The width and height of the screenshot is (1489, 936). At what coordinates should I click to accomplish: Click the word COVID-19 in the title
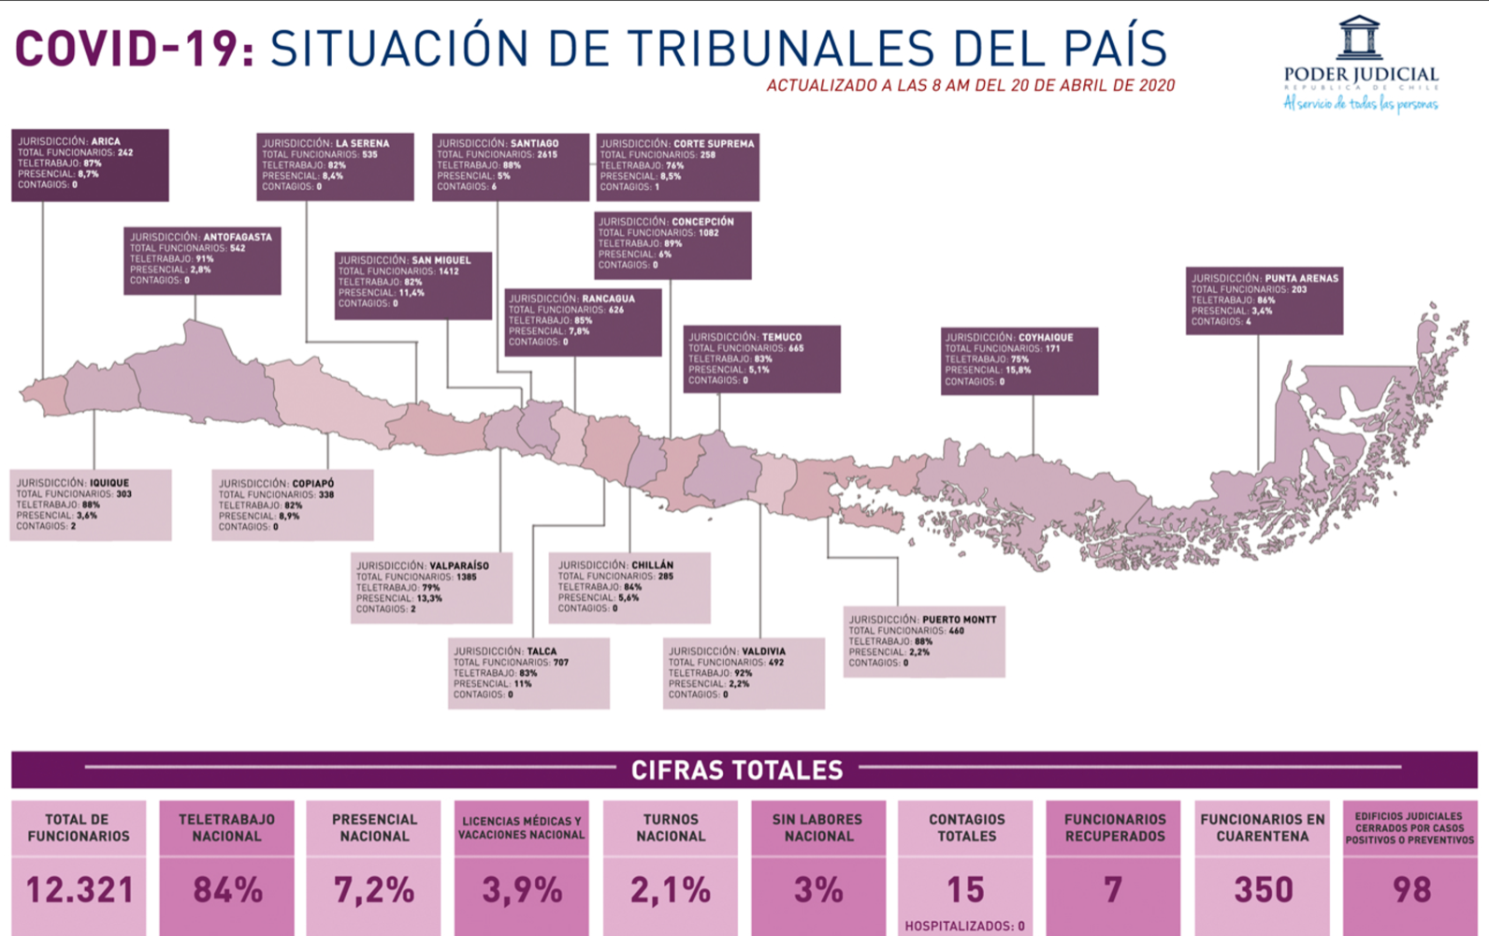pyautogui.click(x=134, y=49)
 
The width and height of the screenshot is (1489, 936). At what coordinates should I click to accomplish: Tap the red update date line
pyautogui.click(x=970, y=85)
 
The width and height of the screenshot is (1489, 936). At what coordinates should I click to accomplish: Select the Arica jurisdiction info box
pyautogui.click(x=90, y=165)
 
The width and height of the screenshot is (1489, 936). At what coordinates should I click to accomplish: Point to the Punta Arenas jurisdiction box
pyautogui.click(x=1264, y=300)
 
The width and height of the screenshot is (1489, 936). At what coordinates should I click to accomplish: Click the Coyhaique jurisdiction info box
pyautogui.click(x=1019, y=360)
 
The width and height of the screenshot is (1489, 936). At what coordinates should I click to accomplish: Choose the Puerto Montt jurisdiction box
pyautogui.click(x=923, y=641)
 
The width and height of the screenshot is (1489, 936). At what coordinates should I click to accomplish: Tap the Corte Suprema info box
pyautogui.click(x=677, y=167)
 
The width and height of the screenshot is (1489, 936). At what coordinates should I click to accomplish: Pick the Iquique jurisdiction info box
pyautogui.click(x=90, y=505)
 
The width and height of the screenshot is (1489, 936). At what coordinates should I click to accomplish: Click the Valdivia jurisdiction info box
pyautogui.click(x=744, y=673)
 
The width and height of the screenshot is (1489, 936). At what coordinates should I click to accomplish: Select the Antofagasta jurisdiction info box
pyautogui.click(x=202, y=260)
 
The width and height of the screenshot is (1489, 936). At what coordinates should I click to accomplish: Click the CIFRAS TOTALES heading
pyautogui.click(x=737, y=770)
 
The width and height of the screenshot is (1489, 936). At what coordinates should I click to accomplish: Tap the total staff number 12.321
pyautogui.click(x=80, y=890)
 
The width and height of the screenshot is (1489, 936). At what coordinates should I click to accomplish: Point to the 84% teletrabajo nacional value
pyautogui.click(x=227, y=890)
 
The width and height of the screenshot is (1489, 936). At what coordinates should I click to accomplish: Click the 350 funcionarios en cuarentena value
pyautogui.click(x=1263, y=890)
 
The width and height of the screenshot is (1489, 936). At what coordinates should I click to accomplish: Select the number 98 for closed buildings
pyautogui.click(x=1410, y=890)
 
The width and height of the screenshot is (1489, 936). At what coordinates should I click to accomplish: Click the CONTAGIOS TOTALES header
pyautogui.click(x=966, y=827)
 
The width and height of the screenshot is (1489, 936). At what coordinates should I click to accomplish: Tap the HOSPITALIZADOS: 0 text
pyautogui.click(x=964, y=926)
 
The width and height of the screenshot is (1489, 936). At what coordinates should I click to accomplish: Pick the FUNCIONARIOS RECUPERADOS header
pyautogui.click(x=1115, y=827)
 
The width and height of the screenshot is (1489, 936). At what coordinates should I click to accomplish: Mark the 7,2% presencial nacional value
pyautogui.click(x=374, y=890)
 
